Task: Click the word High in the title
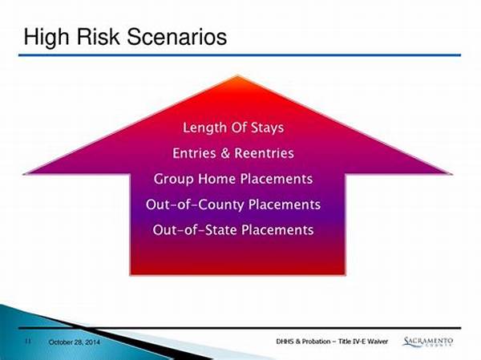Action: point(46,38)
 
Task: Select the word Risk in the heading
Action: point(98,36)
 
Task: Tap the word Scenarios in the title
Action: point(177,36)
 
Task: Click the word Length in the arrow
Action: point(204,127)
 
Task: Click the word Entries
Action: point(195,153)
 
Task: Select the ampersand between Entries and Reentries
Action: point(225,153)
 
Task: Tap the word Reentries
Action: point(264,153)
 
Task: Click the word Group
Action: point(173,180)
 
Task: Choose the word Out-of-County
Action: point(195,204)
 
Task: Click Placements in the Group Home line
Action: point(277,179)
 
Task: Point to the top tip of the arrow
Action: point(238,75)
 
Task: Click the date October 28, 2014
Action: point(75,342)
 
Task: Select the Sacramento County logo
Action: point(427,342)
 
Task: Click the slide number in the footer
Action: point(28,341)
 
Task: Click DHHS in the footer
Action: point(285,342)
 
